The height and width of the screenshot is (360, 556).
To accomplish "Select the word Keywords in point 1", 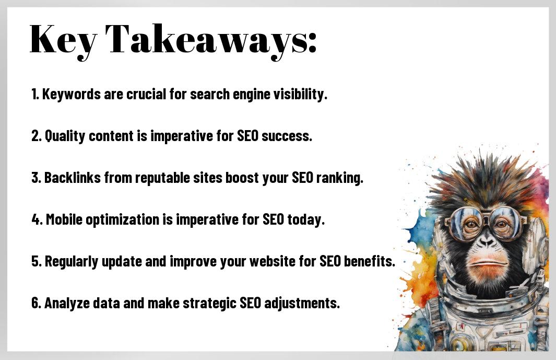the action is [72, 95].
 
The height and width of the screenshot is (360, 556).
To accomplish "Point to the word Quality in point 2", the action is [65, 136].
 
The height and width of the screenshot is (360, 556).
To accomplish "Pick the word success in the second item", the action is [287, 136].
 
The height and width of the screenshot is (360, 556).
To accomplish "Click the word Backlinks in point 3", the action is [73, 178].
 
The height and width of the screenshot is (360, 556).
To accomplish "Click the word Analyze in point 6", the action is [67, 304].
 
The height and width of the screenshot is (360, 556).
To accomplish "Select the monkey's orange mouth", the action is [487, 263].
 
